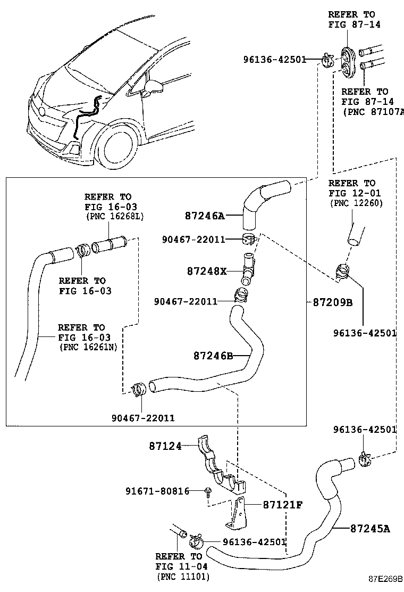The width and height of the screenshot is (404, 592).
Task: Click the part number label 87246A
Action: [205, 216]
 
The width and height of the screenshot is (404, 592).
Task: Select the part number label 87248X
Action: [207, 271]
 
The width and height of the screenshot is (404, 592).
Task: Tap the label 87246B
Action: [213, 355]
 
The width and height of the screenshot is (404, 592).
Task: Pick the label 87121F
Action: [282, 504]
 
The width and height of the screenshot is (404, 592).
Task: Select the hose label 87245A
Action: [371, 528]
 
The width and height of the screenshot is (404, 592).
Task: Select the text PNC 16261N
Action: [89, 347]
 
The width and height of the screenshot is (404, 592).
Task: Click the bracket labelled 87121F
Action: [236, 514]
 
